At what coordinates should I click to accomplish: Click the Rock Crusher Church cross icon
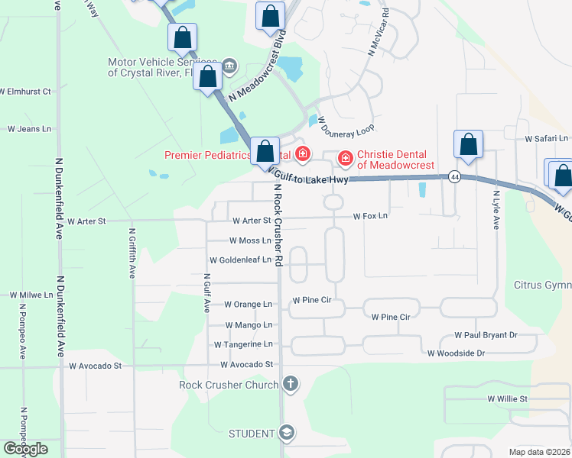point(290,384)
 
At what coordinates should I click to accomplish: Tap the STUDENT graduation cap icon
point(286,434)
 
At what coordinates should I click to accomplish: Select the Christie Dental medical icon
point(346,158)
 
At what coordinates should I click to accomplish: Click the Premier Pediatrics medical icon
point(303,155)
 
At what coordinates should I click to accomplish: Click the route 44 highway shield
point(454,176)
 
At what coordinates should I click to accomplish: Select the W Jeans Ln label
point(28,129)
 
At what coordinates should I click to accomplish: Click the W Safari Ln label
point(547,139)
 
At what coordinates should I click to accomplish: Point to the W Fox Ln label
point(370,216)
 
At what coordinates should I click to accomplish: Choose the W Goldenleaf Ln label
point(235,260)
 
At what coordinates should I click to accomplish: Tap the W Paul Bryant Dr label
point(486,335)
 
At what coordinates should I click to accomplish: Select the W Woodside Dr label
point(457,353)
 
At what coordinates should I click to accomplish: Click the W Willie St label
point(508,398)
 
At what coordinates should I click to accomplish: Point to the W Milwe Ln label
point(31,295)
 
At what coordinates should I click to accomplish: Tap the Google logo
point(25,449)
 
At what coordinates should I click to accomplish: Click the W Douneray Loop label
point(346,126)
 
